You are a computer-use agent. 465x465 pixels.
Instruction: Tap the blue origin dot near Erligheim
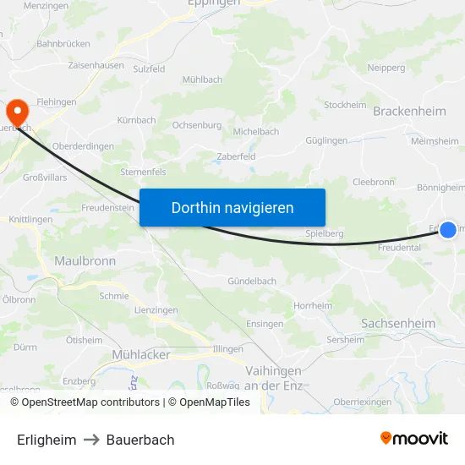[x=448, y=229]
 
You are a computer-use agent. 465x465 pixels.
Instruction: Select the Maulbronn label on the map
[x=85, y=261]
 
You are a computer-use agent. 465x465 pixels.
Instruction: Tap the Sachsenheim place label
[x=397, y=324]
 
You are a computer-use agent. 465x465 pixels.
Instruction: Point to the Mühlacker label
[x=141, y=355]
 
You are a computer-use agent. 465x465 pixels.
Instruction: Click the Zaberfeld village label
[x=236, y=156]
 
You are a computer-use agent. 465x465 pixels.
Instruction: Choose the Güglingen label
[x=327, y=140]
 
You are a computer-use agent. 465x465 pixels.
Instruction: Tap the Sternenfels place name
[x=143, y=172]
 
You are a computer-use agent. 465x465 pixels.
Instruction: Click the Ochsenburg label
[x=197, y=125]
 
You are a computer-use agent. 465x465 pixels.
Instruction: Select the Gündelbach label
[x=252, y=281]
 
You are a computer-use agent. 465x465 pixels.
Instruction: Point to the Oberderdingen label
[x=83, y=146]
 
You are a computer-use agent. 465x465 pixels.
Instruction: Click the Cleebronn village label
[x=373, y=182]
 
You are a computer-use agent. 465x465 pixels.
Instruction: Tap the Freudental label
[x=399, y=249]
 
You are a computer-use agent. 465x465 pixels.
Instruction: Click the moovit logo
[x=413, y=439]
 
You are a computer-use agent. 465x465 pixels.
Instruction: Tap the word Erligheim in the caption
[x=46, y=440]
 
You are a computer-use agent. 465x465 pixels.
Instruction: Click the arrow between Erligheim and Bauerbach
[x=91, y=440]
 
